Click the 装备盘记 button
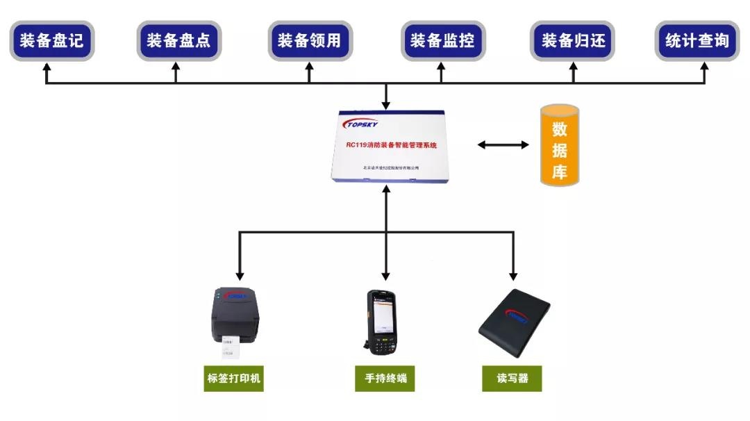pos(51,40)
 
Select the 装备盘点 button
pos(178,40)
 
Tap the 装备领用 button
pos(310,40)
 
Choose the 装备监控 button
pos(442,40)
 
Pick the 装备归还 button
pos(573,40)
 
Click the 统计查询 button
pos(697,40)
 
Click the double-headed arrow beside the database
pos(503,145)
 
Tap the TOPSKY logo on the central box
pos(362,124)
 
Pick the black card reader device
pos(514,323)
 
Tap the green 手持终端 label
pos(385,379)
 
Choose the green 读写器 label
pos(512,379)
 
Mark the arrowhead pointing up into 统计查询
pos(704,68)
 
